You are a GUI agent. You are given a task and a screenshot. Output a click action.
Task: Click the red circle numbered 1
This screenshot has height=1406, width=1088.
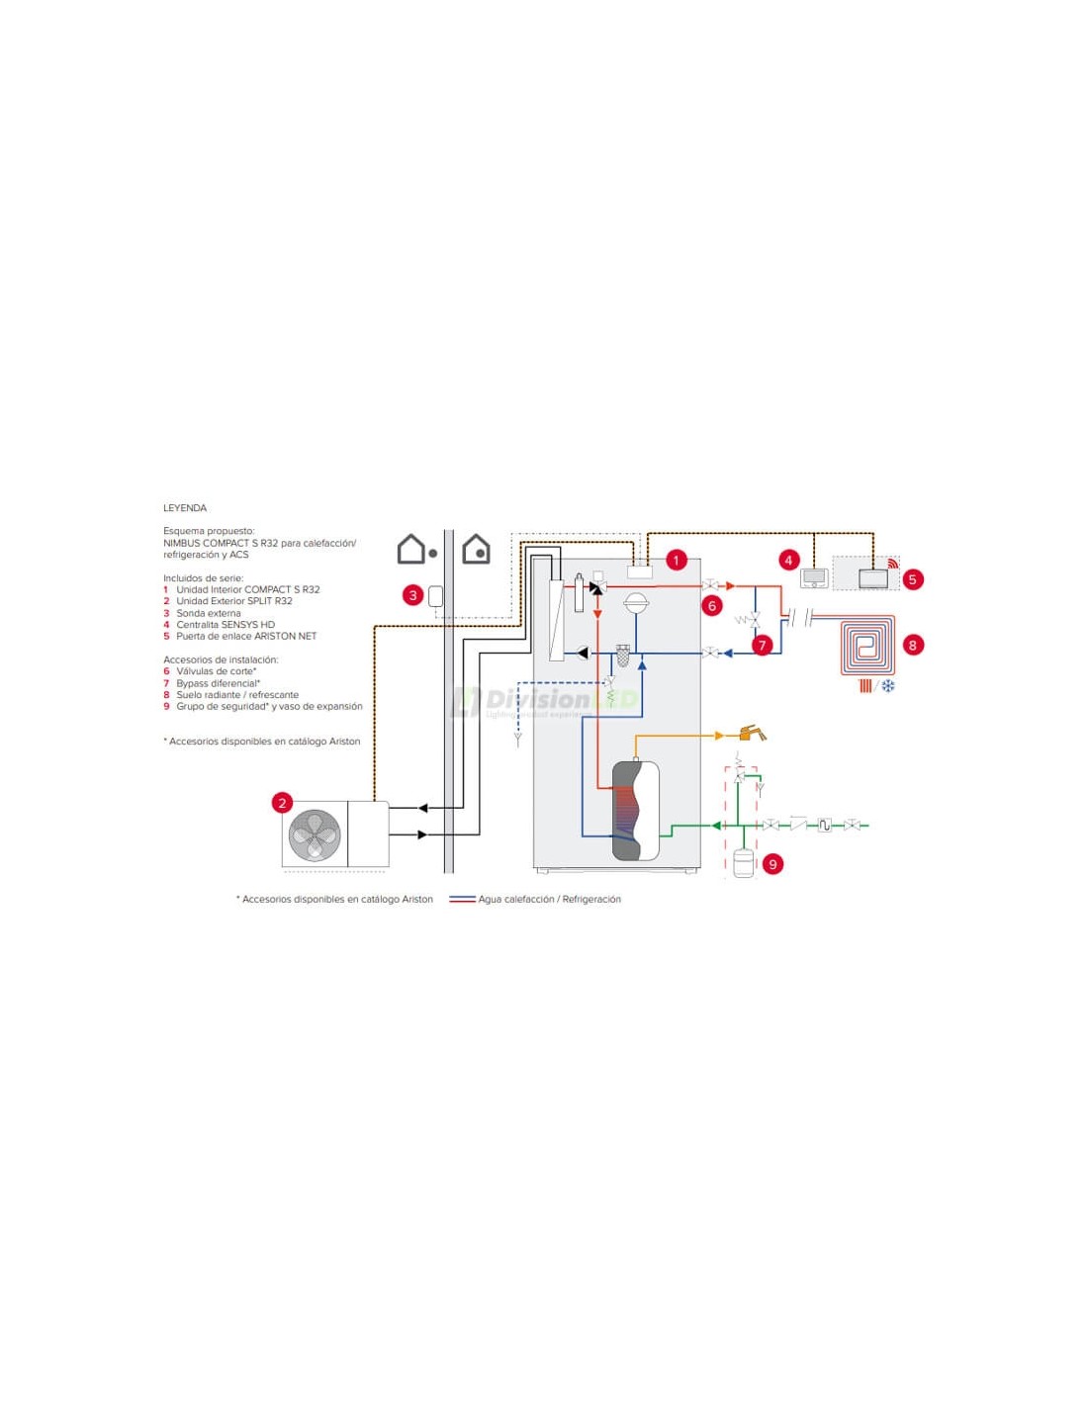coord(676,561)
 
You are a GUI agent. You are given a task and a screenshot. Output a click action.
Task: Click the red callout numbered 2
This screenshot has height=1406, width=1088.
coord(283,803)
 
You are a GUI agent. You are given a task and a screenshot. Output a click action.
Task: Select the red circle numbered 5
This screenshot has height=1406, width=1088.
coord(913,579)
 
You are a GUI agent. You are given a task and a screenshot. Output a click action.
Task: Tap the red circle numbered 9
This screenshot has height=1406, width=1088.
coord(772,864)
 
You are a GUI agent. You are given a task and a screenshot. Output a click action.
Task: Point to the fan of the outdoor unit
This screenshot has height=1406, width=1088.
coord(315,835)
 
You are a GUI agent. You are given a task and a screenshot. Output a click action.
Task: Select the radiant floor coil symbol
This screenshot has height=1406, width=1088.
coord(867,646)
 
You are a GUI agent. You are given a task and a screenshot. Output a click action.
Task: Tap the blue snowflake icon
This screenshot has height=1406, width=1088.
coord(888,685)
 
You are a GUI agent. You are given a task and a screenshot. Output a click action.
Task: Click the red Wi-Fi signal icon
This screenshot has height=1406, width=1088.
coord(893,564)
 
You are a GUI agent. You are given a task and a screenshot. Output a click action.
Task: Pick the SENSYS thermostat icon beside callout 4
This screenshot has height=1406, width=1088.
coord(814,578)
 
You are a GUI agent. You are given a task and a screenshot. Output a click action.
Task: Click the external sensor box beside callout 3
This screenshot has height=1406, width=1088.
coord(435,595)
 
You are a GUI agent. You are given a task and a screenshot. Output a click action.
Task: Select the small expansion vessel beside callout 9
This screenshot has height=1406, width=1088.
coord(743,863)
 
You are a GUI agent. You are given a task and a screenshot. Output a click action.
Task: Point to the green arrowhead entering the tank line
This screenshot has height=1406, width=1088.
coord(716,826)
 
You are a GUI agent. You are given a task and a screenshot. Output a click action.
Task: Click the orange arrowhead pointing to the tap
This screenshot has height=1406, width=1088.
coord(720,736)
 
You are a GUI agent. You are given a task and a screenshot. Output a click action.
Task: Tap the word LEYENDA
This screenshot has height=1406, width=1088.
coord(185,508)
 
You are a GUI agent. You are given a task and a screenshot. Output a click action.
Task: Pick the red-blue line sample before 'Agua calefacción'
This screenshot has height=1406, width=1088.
coord(462,900)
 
